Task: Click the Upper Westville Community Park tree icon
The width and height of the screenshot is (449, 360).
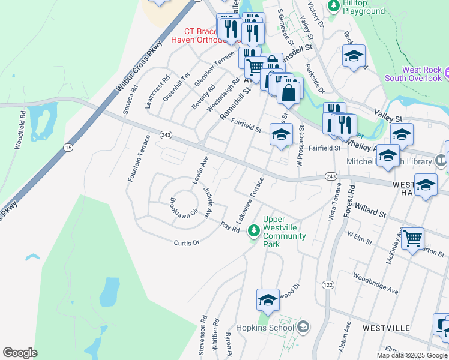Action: [254, 230]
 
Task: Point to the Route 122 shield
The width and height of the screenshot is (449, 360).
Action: [327, 284]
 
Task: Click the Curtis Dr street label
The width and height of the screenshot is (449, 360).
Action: [186, 242]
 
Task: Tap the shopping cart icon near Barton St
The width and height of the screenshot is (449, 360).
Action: [412, 239]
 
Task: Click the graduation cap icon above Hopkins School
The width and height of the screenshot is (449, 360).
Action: [268, 300]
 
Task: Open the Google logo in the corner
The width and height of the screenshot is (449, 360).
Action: [20, 352]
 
